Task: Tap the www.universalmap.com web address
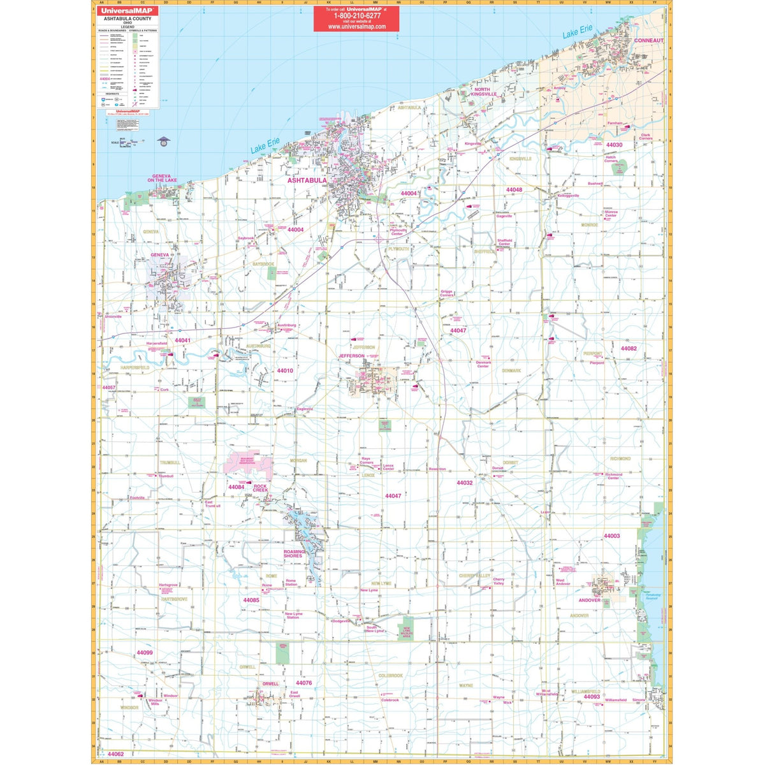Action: [356, 27]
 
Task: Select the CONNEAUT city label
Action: [648, 40]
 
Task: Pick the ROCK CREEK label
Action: [260, 488]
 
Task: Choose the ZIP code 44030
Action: [614, 145]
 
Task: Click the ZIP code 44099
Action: [145, 653]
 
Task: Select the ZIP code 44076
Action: [304, 683]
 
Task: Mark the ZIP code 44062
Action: [116, 754]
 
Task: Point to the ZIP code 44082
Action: [629, 348]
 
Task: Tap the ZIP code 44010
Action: [285, 370]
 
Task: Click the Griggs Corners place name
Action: [447, 294]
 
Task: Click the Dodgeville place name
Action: [341, 621]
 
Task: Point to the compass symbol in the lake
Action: [164, 141]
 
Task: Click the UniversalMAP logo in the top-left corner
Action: [127, 11]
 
